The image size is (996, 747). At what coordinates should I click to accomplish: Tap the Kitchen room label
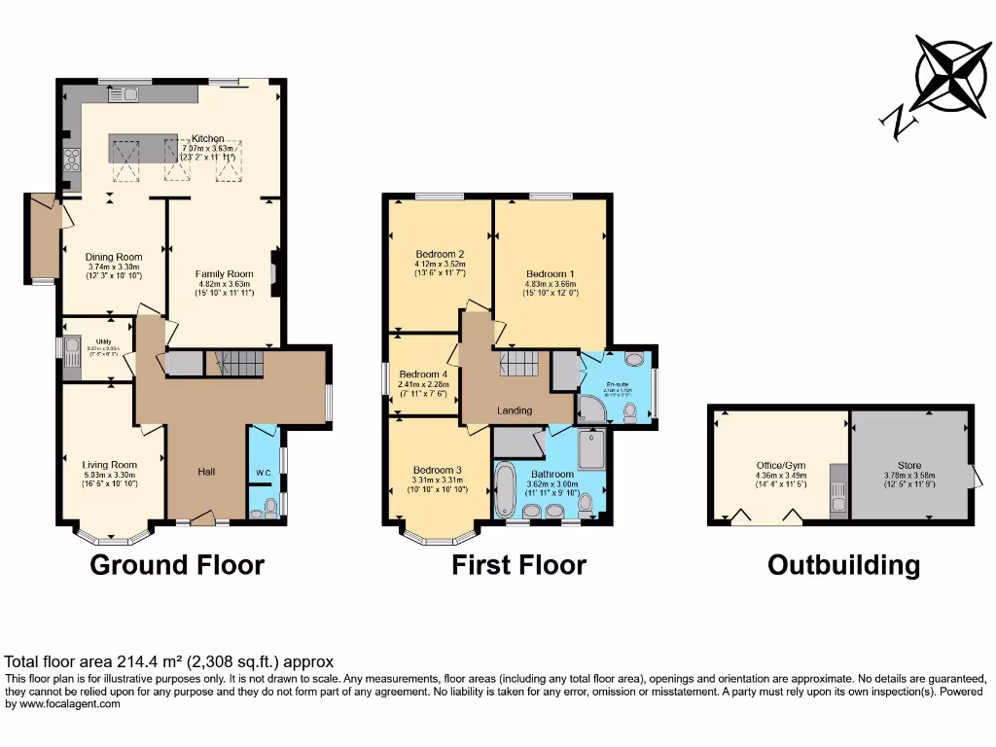208,139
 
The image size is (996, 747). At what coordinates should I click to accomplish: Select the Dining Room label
114,258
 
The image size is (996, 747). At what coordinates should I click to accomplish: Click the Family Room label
224,274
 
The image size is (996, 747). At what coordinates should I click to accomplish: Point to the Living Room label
109,465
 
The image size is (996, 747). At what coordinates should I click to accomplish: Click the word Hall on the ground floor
206,472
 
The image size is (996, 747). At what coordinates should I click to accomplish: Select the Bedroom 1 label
551,274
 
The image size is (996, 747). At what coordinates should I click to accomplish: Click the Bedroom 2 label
440,255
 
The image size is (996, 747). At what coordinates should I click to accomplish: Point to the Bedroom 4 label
423,373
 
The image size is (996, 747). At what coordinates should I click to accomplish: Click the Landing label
515,410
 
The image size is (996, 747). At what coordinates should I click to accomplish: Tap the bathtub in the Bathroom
505,490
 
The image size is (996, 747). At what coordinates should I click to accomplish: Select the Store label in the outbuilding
908,466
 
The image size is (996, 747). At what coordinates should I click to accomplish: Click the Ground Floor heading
177,565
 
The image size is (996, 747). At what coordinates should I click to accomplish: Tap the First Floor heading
518,565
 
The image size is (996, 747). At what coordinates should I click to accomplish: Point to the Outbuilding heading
843,565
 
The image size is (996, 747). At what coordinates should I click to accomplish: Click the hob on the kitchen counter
71,160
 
